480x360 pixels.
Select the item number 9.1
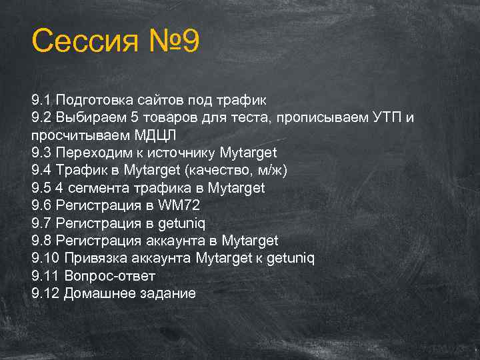[x=41, y=100]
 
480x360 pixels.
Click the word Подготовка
[x=94, y=100]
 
